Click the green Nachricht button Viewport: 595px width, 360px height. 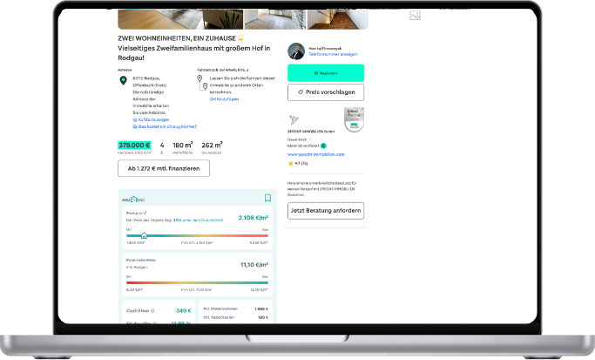click(x=326, y=73)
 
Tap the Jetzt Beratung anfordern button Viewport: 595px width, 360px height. click(x=326, y=210)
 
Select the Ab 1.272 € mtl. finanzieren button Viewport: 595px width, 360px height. click(x=164, y=167)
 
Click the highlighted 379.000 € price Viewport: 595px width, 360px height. click(x=135, y=146)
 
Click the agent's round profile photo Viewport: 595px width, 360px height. click(x=296, y=50)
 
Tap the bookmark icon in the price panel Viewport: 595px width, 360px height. click(x=268, y=198)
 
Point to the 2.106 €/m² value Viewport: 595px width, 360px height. click(x=253, y=218)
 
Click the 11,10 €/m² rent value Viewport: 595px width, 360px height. click(x=254, y=264)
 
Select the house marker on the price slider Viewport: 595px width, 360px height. click(x=144, y=234)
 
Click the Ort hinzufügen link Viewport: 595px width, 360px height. click(x=224, y=98)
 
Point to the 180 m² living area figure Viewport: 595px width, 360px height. click(x=182, y=146)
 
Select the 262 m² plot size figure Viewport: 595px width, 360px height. click(x=212, y=146)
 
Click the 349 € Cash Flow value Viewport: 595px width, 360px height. click(x=183, y=310)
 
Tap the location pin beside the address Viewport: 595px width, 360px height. click(x=123, y=80)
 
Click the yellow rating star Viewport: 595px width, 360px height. click(x=290, y=163)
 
